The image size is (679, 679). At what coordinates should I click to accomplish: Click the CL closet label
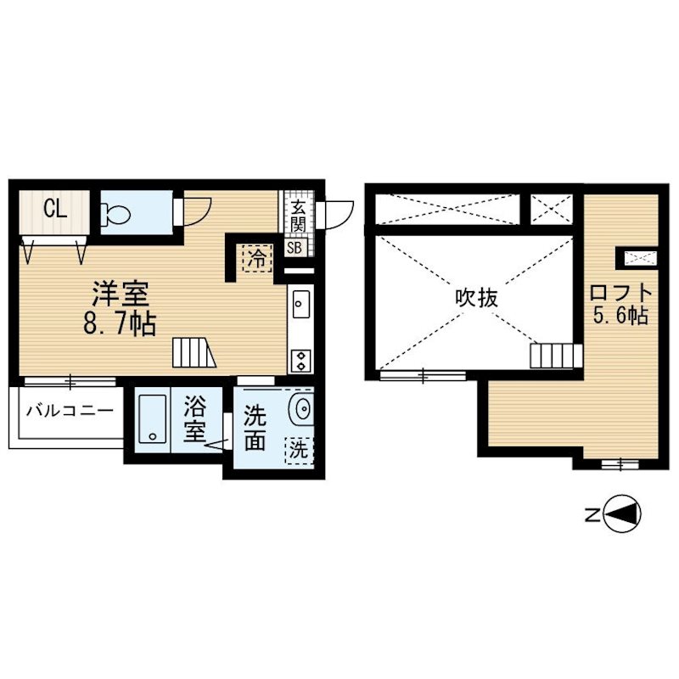coord(55,210)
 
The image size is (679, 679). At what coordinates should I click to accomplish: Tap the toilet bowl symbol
coord(115,214)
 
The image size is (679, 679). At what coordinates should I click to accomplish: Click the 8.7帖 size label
coord(120,323)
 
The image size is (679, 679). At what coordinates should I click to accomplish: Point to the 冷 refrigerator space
coord(257,259)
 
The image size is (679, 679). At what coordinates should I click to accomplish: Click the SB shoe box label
coord(295,248)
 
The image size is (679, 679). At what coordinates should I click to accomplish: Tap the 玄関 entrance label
coord(298,216)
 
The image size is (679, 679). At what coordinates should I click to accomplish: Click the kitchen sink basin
coord(300,304)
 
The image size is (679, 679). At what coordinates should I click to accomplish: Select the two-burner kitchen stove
coord(300,361)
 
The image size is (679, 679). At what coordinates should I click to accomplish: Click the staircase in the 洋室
coord(194,352)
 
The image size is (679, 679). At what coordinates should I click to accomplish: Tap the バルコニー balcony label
coord(70,411)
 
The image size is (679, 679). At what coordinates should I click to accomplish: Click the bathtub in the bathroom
coord(152,418)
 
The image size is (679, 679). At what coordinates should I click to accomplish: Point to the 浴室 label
coord(195,419)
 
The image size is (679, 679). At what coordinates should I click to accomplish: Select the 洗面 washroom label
coord(255,428)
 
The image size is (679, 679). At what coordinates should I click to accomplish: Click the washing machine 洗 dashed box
coord(299,451)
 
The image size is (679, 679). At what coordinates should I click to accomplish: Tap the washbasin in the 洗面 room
coord(302,407)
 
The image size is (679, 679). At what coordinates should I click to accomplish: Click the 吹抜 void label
coord(477,299)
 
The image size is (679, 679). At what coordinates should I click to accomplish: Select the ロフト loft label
coord(621,293)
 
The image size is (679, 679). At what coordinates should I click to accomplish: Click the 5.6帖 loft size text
coord(620,316)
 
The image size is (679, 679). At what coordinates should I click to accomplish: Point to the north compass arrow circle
coord(622,515)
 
